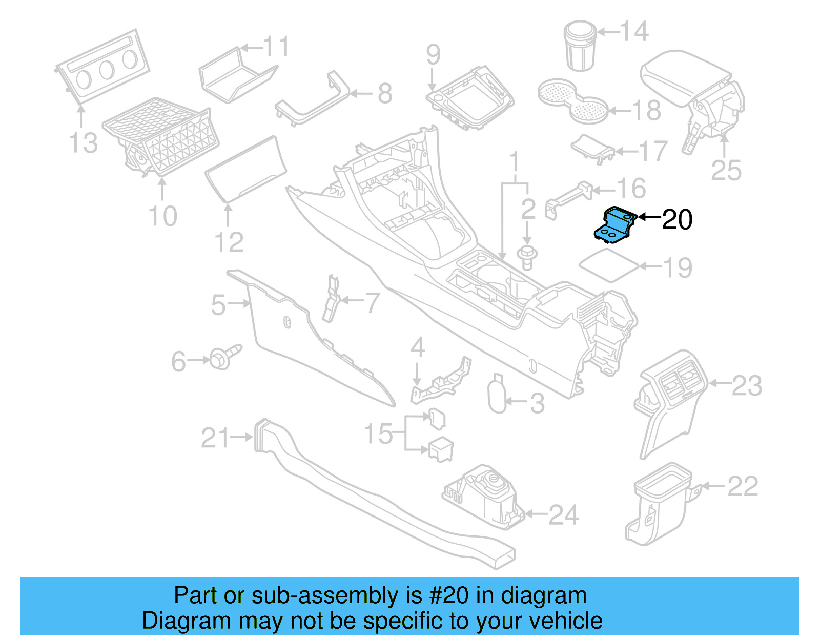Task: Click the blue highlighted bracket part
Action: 615,224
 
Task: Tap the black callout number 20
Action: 676,220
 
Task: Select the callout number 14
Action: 634,32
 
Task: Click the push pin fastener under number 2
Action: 526,256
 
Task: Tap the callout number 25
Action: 726,170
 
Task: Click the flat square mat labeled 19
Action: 609,265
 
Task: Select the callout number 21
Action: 215,438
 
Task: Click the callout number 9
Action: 433,54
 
